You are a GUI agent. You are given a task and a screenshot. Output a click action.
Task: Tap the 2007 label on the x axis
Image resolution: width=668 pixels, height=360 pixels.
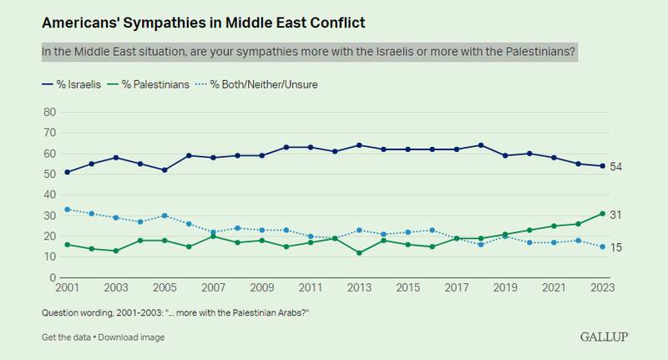click(x=214, y=289)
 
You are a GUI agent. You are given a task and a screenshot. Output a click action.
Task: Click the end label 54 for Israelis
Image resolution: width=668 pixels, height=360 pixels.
click(x=618, y=167)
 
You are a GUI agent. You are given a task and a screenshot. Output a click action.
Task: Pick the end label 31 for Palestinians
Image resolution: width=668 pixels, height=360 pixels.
click(x=618, y=215)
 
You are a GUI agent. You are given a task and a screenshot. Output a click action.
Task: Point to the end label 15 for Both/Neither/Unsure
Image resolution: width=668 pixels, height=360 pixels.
click(x=618, y=248)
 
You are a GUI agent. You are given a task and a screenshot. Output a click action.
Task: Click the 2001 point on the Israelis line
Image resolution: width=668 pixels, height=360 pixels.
click(x=67, y=172)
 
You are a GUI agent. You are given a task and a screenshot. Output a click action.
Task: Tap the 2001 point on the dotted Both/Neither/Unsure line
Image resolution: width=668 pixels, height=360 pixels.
click(x=67, y=209)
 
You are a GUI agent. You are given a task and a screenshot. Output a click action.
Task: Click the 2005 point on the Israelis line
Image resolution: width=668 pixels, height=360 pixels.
click(x=164, y=170)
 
